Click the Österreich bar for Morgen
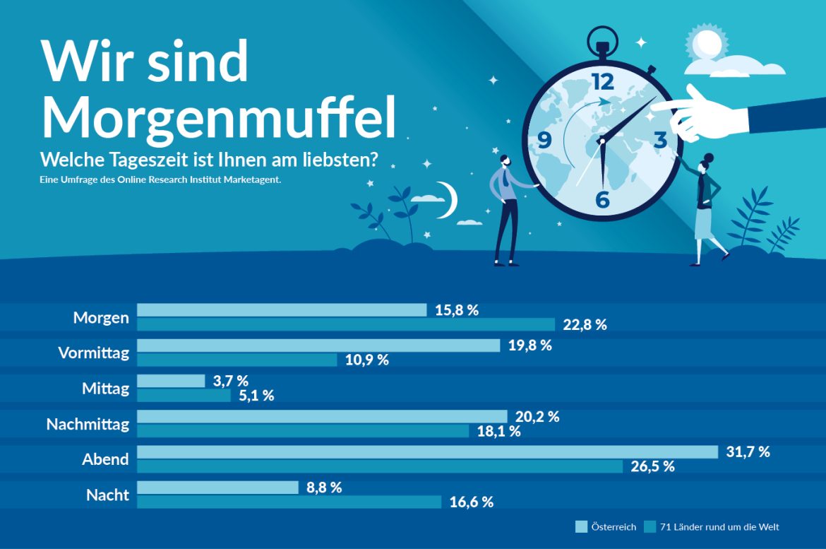coord(282,310)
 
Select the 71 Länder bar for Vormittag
coord(237,360)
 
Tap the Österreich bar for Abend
coord(427,452)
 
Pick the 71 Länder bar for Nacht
coord(289,502)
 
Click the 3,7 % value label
coord(231,382)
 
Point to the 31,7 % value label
coord(748,452)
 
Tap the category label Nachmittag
coord(88,424)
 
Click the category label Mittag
coord(105,389)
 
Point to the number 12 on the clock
coord(603,81)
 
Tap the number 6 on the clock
coord(602,200)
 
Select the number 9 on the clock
coord(544,140)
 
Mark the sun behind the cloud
coord(706,42)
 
